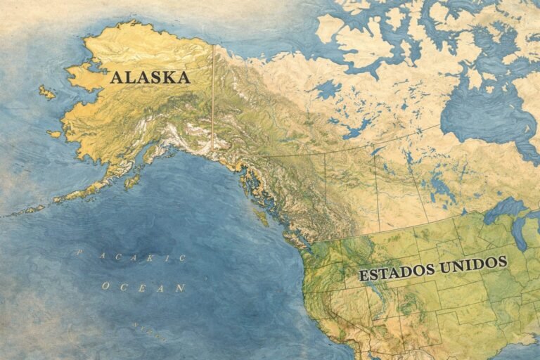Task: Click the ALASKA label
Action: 150,77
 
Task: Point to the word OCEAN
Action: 143,287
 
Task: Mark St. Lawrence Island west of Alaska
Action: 46,92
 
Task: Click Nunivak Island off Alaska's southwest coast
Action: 55,134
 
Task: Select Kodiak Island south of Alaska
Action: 131,181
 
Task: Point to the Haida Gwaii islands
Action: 262,218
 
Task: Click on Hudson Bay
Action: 485,112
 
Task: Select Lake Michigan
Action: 520,236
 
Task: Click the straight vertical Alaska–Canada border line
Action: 212,98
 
